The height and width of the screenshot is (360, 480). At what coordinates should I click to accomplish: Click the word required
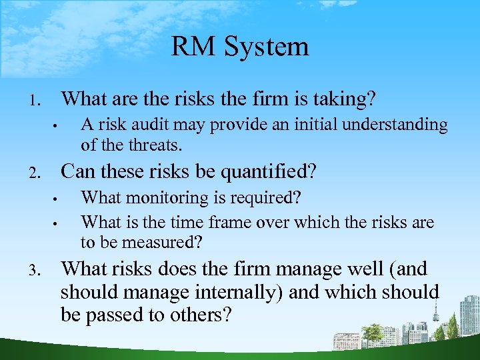265,199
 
